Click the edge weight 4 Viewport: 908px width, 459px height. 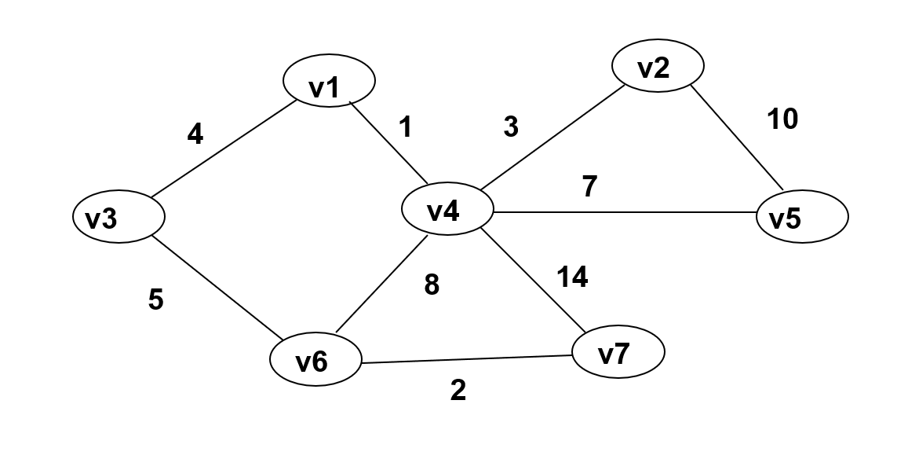click(195, 135)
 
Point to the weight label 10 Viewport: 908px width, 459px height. click(782, 119)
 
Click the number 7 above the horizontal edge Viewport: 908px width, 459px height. click(590, 186)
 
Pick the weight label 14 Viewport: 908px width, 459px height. click(572, 277)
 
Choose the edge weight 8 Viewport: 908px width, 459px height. click(432, 285)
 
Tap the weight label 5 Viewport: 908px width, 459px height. click(156, 299)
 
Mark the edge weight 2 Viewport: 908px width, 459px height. click(458, 391)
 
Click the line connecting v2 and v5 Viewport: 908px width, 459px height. click(735, 137)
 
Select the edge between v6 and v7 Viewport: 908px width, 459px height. click(467, 359)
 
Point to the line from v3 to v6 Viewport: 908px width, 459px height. click(216, 287)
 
